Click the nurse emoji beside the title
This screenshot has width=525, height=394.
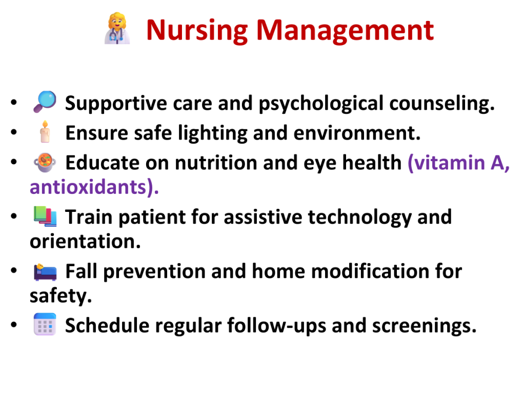coord(117,28)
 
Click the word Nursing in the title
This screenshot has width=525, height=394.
coord(197,31)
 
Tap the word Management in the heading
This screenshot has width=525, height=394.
coord(345,31)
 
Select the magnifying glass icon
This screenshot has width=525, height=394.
coord(45,102)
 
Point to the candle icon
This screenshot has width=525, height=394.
coord(45,132)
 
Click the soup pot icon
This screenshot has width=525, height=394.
coord(45,163)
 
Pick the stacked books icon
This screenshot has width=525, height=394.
coord(45,216)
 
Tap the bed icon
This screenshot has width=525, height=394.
coord(45,271)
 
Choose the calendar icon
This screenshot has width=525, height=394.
coord(45,324)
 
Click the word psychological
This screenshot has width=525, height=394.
coord(321,104)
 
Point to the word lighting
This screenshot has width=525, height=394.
coord(213,133)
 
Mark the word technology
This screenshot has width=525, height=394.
coord(359,218)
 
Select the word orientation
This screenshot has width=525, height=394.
coord(85,241)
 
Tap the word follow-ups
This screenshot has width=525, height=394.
coord(276,326)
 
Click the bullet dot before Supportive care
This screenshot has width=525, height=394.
coord(14,102)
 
